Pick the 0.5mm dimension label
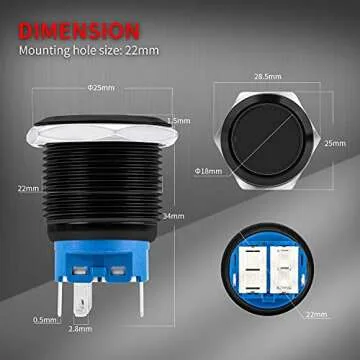pos(43,319)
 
